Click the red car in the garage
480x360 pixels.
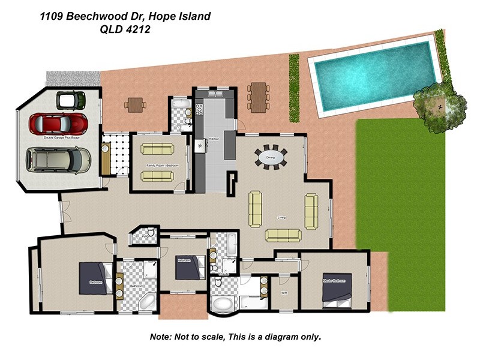pos(58,123)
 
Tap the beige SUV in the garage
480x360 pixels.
pos(58,159)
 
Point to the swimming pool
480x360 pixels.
pos(375,76)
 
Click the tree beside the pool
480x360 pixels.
pos(440,104)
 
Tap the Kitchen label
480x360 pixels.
pos(214,140)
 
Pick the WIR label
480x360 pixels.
pos(284,293)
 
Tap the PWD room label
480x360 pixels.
pos(145,236)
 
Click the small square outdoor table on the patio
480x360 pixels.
pos(135,104)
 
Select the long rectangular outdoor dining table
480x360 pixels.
pos(258,97)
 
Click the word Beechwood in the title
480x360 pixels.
pos(100,17)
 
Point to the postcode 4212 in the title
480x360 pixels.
pos(137,28)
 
